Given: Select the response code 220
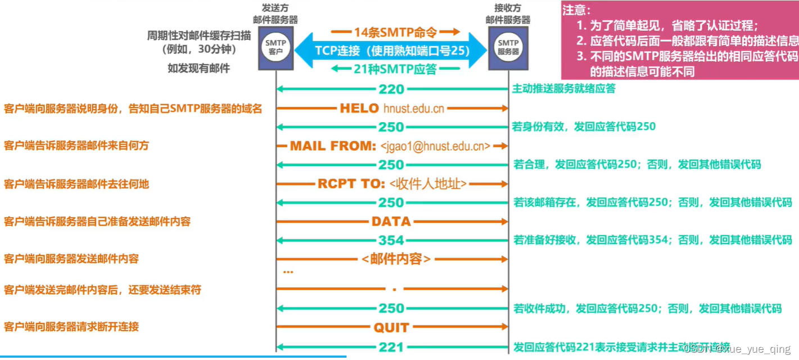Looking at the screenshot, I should (x=391, y=89).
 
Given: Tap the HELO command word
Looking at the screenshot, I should (x=359, y=109).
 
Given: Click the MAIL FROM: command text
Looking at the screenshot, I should (x=333, y=146).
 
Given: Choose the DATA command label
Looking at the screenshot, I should (x=391, y=222).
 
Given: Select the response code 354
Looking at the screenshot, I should (x=391, y=241).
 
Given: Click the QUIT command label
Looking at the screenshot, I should (x=391, y=327).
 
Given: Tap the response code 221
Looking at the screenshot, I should (x=391, y=347).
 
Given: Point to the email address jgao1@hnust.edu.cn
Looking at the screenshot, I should (x=435, y=146).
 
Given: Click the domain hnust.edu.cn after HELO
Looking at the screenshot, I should (x=413, y=109).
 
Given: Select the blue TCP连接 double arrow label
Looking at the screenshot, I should (x=391, y=50).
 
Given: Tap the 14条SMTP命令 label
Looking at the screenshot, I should (x=395, y=31).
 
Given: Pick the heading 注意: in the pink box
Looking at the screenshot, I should (x=576, y=10).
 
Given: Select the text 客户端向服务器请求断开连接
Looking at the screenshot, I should (x=71, y=327).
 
